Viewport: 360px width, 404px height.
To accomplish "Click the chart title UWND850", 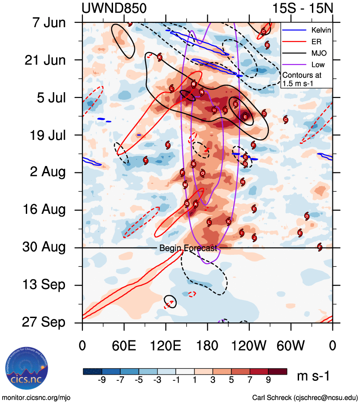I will pyautogui.click(x=114, y=8).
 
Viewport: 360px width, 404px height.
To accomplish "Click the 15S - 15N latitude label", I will pyautogui.click(x=303, y=8).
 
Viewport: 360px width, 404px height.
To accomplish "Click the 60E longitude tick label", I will pyautogui.click(x=124, y=346).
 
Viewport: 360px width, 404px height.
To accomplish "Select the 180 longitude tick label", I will pyautogui.click(x=207, y=346).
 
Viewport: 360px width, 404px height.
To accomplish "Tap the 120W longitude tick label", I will pyautogui.click(x=249, y=346).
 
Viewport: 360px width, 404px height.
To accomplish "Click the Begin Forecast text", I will pyautogui.click(x=188, y=249).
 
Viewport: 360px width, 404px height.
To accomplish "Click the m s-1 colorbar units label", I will pyautogui.click(x=313, y=376).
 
